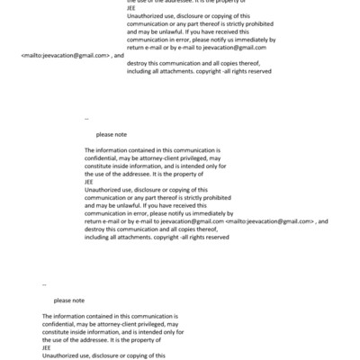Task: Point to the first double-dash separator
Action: [x=86, y=118]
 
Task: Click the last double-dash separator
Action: [x=44, y=284]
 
